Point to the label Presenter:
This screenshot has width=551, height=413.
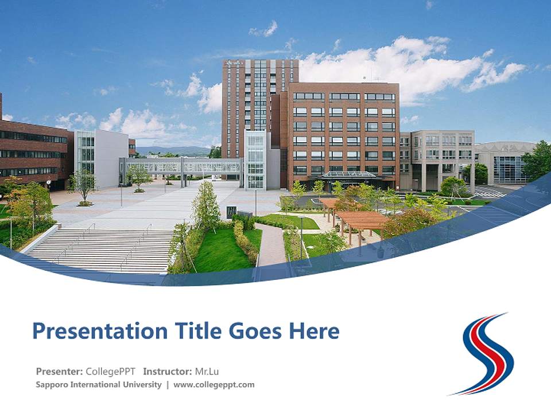click(x=60, y=371)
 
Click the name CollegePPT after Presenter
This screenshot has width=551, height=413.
click(x=111, y=371)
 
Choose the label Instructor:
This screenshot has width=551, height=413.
click(x=168, y=371)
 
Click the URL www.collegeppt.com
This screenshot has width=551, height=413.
click(x=214, y=385)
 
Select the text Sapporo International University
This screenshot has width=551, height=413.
click(x=98, y=385)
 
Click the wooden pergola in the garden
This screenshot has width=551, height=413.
click(x=362, y=220)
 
